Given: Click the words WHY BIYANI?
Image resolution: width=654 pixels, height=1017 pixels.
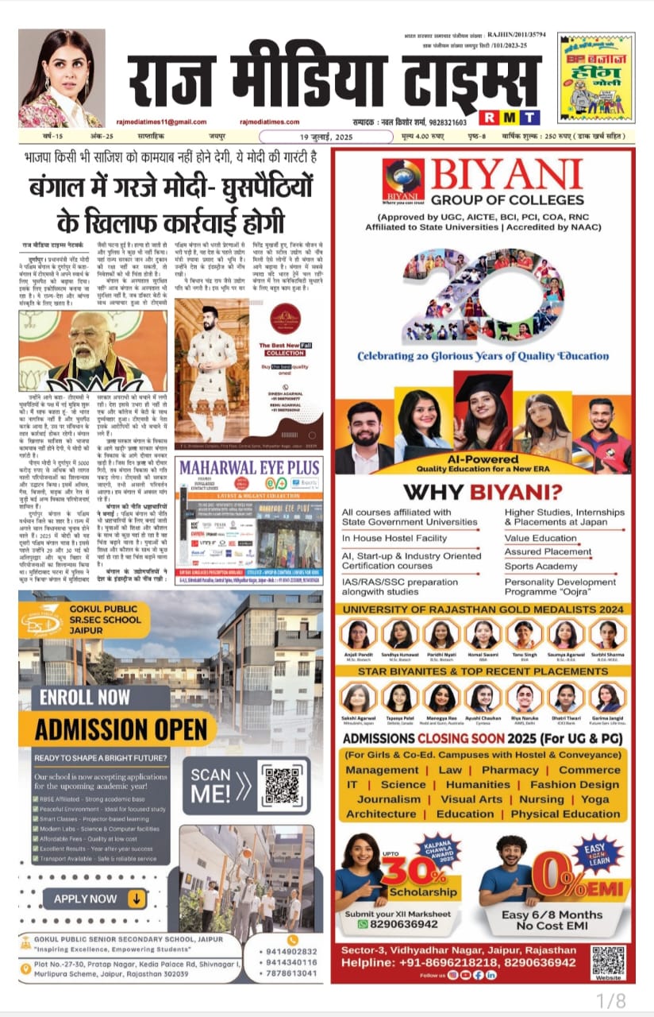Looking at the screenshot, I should pos(484,492).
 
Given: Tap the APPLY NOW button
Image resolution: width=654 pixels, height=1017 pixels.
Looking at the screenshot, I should pos(94,899).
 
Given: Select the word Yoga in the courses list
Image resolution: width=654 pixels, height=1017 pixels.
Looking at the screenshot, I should pos(594,799).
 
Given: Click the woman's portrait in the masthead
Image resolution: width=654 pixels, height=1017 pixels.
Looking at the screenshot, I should pos(62,78).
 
